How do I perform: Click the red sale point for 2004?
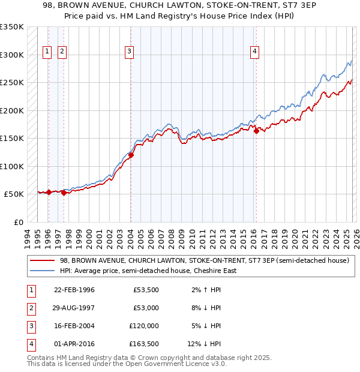click(x=131, y=155)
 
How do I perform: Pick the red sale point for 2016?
click(x=256, y=131)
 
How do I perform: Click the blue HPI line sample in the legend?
click(x=43, y=271)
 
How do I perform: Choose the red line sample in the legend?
click(x=43, y=260)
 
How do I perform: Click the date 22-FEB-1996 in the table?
click(x=74, y=290)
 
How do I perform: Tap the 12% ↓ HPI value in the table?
click(x=204, y=344)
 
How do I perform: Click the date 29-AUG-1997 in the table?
click(x=74, y=308)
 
